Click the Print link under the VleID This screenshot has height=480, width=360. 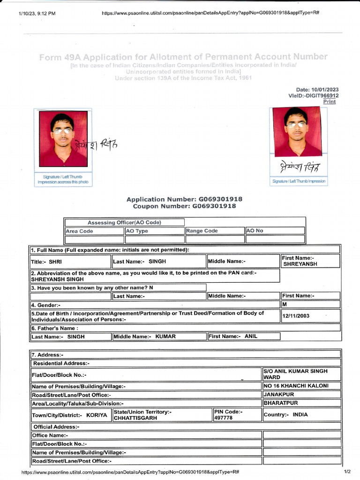pyautogui.click(x=330, y=102)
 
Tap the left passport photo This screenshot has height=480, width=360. pyautogui.click(x=63, y=139)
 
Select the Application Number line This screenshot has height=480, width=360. pyautogui.click(x=184, y=199)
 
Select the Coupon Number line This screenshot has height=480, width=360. pyautogui.click(x=184, y=206)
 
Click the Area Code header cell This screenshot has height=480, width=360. pyautogui.click(x=94, y=231)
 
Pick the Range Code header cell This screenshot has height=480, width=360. pyautogui.click(x=215, y=231)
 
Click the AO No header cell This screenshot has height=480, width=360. pyautogui.click(x=275, y=231)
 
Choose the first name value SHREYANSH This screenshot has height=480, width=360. pyautogui.click(x=300, y=264)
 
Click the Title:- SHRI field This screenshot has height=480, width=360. pyautogui.click(x=71, y=261)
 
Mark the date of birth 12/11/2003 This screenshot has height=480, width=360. pyautogui.click(x=296, y=316)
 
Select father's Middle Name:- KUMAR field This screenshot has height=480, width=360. pyautogui.click(x=159, y=336)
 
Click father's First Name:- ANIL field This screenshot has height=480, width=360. pyautogui.click(x=243, y=336)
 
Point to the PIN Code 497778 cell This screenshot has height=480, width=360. pyautogui.click(x=236, y=415)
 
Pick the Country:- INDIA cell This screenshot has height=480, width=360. pyautogui.click(x=301, y=415)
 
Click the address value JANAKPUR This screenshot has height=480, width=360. pyautogui.click(x=276, y=394)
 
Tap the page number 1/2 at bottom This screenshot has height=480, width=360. pyautogui.click(x=347, y=471)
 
